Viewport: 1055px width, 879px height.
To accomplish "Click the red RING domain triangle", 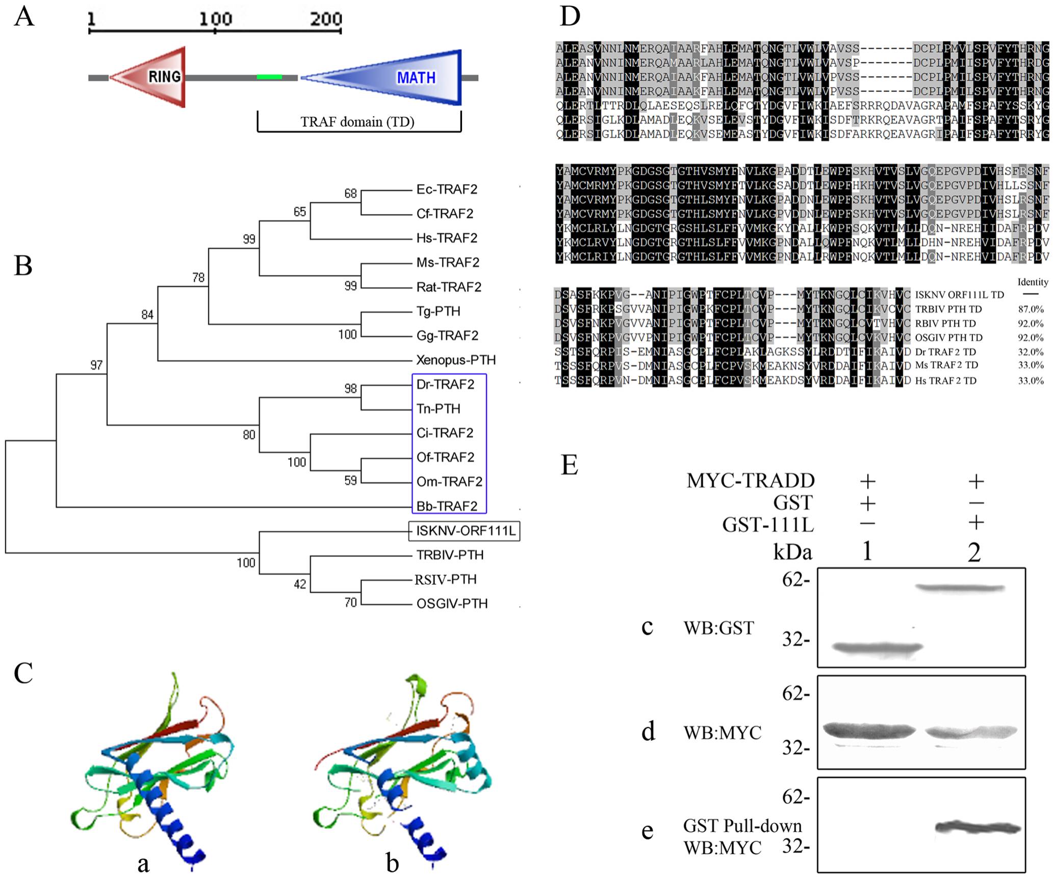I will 153,77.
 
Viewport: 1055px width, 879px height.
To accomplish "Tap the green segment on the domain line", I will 269,77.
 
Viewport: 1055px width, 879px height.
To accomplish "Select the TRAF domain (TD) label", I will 357,122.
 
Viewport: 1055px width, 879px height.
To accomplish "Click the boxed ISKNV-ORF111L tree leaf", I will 465,531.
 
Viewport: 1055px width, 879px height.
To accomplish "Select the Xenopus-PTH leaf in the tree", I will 455,360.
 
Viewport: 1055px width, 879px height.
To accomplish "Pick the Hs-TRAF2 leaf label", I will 447,238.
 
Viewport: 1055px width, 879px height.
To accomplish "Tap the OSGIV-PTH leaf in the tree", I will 452,604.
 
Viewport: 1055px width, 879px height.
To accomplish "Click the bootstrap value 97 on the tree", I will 96,365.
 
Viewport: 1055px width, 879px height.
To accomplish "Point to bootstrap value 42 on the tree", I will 300,584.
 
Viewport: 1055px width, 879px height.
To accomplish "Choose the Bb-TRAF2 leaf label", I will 447,506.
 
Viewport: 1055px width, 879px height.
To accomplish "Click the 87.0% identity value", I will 1031,309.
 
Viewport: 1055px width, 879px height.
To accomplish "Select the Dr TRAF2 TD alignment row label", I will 945,352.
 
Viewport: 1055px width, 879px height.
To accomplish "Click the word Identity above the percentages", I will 1033,282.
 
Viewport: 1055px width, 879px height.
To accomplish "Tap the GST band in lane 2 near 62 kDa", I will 960,588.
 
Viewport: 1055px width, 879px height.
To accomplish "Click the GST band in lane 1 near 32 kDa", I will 877,648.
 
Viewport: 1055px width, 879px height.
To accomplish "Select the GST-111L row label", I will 767,524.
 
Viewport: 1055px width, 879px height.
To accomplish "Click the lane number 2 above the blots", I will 974,552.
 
